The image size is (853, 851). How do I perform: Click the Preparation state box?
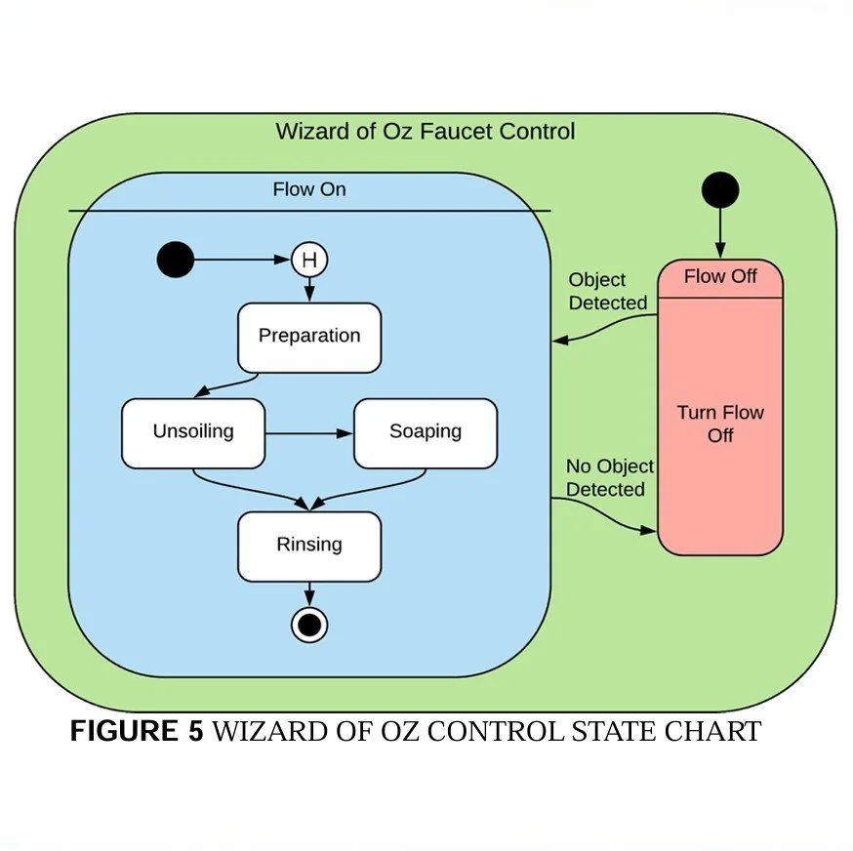(309, 338)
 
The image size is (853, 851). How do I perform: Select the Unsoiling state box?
(193, 432)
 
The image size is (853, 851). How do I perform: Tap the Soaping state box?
(425, 432)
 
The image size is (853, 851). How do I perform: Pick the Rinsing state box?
(309, 546)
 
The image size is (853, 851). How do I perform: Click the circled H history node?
(309, 261)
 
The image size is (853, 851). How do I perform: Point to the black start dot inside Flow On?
(176, 261)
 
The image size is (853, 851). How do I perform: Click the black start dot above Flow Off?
(720, 189)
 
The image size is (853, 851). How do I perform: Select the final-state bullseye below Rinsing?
(309, 624)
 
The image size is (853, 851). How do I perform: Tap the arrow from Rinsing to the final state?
(309, 593)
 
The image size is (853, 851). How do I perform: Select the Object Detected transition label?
(607, 292)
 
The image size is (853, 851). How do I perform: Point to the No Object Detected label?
(609, 478)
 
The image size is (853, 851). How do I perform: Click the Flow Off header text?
(720, 277)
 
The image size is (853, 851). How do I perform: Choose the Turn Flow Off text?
(720, 424)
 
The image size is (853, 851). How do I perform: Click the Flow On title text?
(308, 189)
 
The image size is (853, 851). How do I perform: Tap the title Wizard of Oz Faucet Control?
(426, 131)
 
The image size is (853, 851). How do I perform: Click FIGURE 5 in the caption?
(137, 732)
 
